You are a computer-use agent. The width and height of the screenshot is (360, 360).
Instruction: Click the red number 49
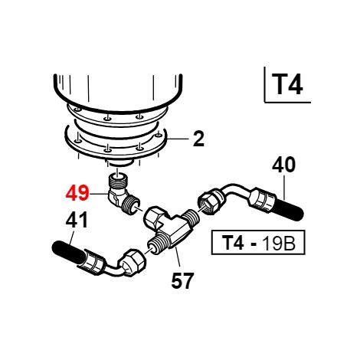point(77,194)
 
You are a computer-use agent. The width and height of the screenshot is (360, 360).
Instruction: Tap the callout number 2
point(198,139)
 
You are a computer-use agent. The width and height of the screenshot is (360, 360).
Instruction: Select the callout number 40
point(283,165)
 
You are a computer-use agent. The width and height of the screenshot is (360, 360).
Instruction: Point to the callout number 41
point(77,220)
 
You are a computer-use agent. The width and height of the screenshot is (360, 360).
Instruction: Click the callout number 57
point(182,281)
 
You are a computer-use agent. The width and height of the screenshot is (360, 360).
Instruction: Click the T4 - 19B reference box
point(258,243)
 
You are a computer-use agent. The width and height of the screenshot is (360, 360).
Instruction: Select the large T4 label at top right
point(287,84)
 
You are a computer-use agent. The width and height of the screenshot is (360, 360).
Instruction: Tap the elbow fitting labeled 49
point(122,195)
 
